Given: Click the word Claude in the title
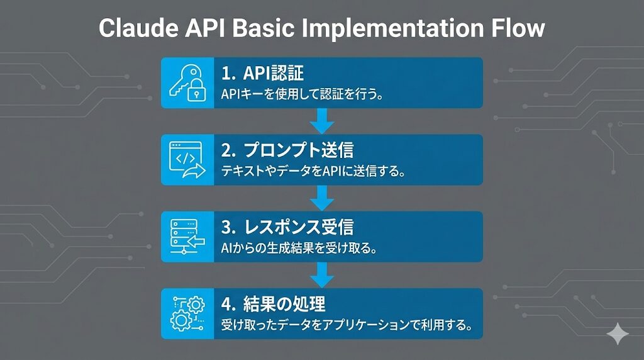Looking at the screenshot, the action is (x=138, y=28).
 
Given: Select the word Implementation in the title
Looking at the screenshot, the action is (x=392, y=29).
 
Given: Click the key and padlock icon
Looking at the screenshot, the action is (x=187, y=82).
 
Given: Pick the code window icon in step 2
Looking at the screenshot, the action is (x=187, y=159).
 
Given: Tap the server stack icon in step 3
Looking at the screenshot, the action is (x=187, y=236).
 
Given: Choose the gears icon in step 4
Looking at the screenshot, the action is (x=187, y=313).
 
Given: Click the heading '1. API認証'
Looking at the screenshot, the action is (x=262, y=73).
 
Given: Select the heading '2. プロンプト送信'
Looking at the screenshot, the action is (x=287, y=150).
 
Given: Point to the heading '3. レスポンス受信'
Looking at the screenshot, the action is (x=287, y=227).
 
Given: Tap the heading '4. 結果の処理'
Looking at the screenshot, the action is (x=274, y=304).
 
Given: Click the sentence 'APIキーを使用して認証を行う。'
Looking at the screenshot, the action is (x=303, y=94).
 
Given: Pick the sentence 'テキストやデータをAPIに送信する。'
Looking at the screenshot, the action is (x=313, y=171).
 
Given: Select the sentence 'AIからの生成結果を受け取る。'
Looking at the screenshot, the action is (x=299, y=248).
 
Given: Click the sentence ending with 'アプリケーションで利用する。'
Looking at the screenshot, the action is (x=347, y=325).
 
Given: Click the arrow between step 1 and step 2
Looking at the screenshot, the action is (x=322, y=121).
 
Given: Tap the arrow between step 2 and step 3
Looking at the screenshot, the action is (x=322, y=198).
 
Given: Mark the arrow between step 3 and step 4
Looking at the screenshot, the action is (x=322, y=275).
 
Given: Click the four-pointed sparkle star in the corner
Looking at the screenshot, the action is (x=618, y=334).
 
